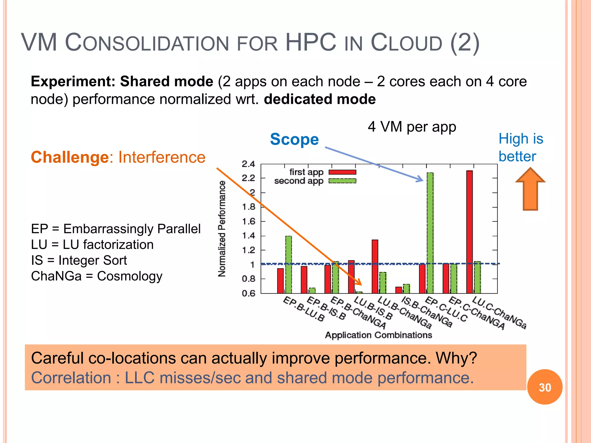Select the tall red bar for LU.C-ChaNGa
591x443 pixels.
(x=470, y=231)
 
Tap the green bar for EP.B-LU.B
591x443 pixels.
(x=289, y=264)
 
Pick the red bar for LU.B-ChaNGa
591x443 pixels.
(x=375, y=265)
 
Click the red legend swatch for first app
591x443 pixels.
(x=342, y=172)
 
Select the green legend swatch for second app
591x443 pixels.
(x=342, y=181)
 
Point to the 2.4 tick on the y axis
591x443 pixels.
(x=248, y=164)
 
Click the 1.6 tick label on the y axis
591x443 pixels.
(x=248, y=221)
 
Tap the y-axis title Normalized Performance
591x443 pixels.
(x=222, y=228)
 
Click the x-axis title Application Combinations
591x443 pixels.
(x=378, y=335)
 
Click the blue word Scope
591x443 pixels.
(x=294, y=139)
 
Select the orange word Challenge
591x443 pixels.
(x=70, y=157)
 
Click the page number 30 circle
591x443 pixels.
(x=545, y=387)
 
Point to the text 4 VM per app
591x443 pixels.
(x=412, y=127)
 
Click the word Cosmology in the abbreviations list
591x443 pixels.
(x=130, y=276)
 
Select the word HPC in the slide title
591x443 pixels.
(x=311, y=43)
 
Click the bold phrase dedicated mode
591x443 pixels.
(x=319, y=99)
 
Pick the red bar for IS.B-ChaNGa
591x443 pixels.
(x=399, y=290)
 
